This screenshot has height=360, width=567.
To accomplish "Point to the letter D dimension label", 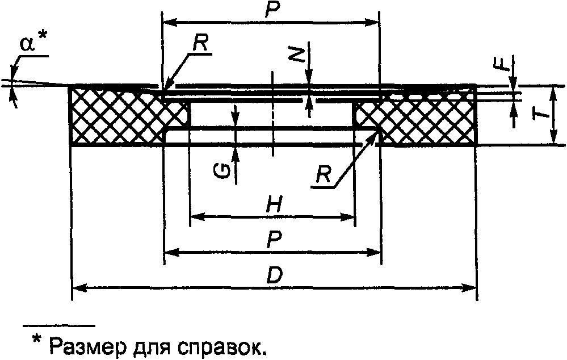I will (x=275, y=277).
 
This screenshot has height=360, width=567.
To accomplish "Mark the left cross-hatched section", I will (x=116, y=115).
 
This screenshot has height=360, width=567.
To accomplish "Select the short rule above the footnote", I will (x=58, y=326).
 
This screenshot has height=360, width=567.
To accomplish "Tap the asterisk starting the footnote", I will (x=37, y=340).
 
